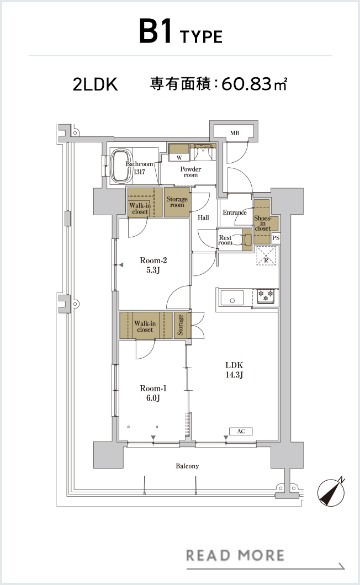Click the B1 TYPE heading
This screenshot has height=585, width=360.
coord(181,33)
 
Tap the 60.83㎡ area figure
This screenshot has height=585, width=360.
coord(255,84)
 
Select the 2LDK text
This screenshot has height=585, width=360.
coord(95,84)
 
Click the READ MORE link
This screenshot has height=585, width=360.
coord(235,556)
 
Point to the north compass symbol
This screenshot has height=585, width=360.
coord(331,492)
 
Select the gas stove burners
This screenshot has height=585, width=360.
coord(266,296)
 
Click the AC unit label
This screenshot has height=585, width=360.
coord(241,431)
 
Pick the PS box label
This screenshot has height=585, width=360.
coord(276,238)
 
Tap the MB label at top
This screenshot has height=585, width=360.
coord(235,133)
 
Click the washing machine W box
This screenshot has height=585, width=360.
coord(179,158)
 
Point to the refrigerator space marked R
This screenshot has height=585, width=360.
coord(266,256)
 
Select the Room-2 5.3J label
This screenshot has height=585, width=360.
coord(153,265)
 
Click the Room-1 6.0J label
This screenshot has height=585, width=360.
coord(153,393)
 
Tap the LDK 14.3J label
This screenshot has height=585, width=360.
coord(234,370)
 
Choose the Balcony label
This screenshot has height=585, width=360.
coord(187,466)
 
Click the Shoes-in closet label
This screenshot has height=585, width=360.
coord(262,223)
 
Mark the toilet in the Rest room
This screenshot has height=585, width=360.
coord(245,239)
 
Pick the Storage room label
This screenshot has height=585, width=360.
coord(177,202)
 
